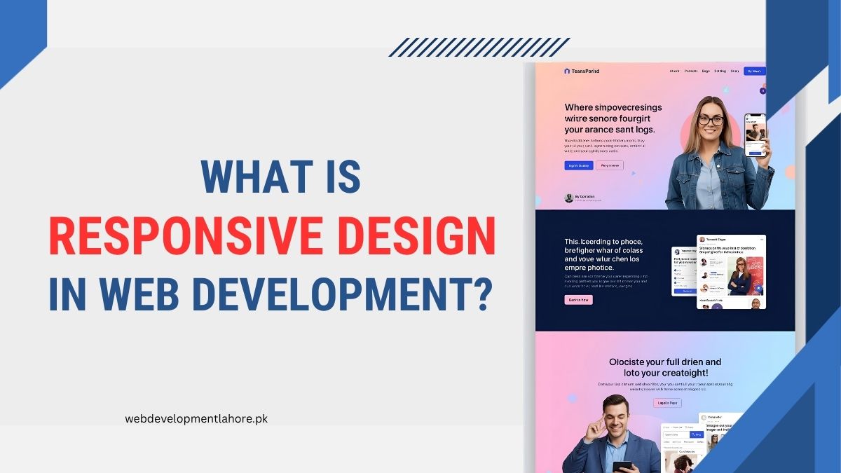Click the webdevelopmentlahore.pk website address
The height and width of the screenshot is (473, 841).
[196, 418]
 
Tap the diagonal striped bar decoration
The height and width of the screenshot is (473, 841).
[479, 47]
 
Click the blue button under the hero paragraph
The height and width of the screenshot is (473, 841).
[578, 165]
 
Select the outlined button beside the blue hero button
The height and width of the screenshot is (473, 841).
[609, 165]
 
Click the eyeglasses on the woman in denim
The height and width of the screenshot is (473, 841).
[710, 121]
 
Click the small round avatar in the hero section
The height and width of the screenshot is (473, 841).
[569, 198]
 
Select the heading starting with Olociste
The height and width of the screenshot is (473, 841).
[664, 367]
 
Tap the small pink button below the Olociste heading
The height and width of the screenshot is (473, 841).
[666, 403]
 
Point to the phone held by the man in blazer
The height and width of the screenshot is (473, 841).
[622, 466]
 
